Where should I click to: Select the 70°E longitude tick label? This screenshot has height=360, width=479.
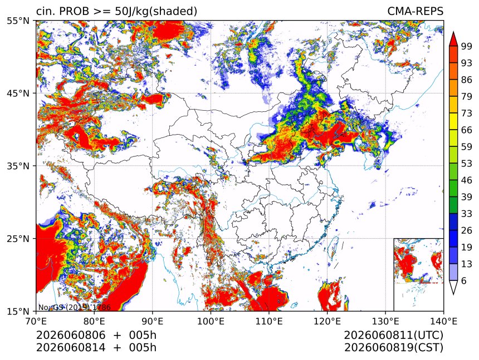click(36, 321)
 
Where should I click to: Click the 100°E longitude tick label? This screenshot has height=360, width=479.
click(211, 321)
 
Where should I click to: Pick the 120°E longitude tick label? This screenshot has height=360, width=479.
click(327, 321)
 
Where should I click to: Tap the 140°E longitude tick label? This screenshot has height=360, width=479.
click(443, 321)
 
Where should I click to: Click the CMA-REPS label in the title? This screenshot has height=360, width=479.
click(415, 11)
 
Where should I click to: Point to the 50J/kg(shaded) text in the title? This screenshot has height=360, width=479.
click(156, 12)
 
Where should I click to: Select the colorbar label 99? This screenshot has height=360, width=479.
click(467, 46)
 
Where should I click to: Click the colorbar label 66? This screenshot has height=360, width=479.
click(467, 130)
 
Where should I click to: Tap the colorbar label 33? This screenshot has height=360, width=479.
click(467, 214)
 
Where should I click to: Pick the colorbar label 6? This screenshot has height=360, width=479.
click(464, 280)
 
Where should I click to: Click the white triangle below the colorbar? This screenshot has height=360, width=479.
click(453, 286)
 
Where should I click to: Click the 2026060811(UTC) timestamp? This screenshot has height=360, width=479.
click(393, 336)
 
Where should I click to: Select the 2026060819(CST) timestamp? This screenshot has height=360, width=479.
click(393, 348)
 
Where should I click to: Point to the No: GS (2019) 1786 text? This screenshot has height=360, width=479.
click(74, 307)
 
